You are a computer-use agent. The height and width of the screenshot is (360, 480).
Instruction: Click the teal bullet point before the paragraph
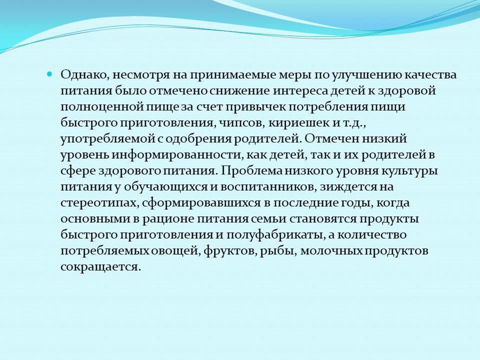pyautogui.click(x=49, y=74)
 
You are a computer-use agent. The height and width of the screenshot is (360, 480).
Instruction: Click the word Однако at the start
pyautogui.click(x=84, y=75)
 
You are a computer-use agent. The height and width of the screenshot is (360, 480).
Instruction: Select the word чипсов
pyautogui.click(x=239, y=123)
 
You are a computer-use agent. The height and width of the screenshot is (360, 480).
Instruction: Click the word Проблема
pyautogui.click(x=251, y=170)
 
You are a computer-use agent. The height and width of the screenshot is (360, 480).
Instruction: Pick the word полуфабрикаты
pyautogui.click(x=276, y=235)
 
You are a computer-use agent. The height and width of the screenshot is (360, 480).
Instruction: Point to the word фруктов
pyautogui.click(x=230, y=251)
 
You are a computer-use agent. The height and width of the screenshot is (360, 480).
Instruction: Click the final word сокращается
pyautogui.click(x=100, y=267)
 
